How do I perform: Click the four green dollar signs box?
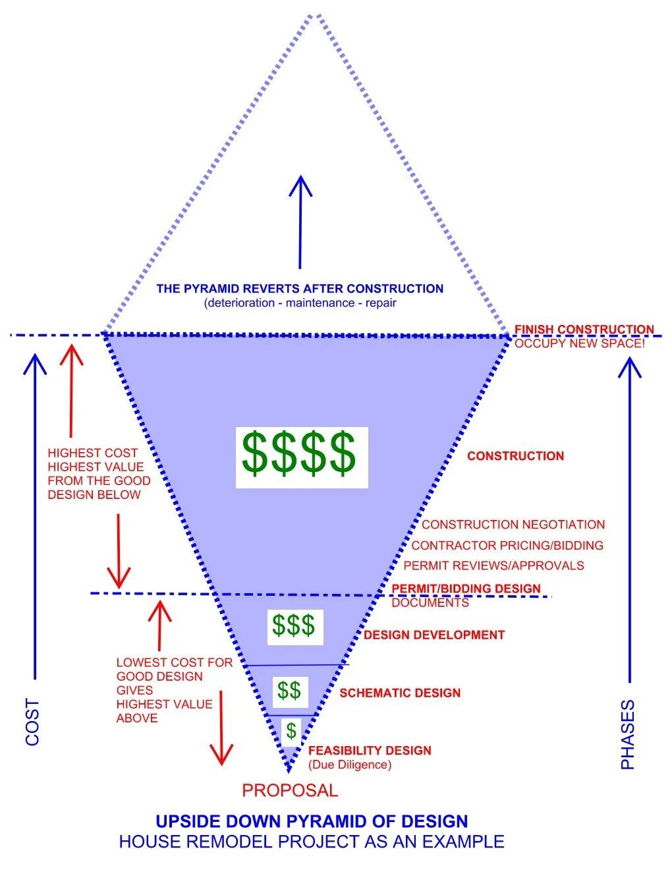pyautogui.click(x=302, y=457)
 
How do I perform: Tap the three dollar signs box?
pyautogui.click(x=295, y=627)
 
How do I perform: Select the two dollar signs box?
pyautogui.click(x=290, y=692)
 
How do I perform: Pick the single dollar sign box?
pyautogui.click(x=291, y=732)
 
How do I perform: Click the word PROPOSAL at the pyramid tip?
pyautogui.click(x=290, y=790)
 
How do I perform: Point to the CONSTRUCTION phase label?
pyautogui.click(x=515, y=455)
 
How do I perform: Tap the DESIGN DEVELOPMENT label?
pyautogui.click(x=434, y=635)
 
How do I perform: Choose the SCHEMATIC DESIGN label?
pyautogui.click(x=401, y=693)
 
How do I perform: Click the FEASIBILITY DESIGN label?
pyautogui.click(x=370, y=750)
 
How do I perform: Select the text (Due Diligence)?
pyautogui.click(x=350, y=765)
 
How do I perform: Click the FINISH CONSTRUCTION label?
pyautogui.click(x=584, y=329)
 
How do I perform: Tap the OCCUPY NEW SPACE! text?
pyautogui.click(x=580, y=343)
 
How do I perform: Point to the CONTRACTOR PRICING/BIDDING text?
pyautogui.click(x=507, y=545)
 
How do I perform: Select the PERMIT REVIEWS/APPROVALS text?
pyautogui.click(x=493, y=565)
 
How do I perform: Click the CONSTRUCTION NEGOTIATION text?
pyautogui.click(x=513, y=525)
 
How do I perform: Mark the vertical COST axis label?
pyautogui.click(x=32, y=722)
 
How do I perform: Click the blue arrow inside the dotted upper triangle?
pyautogui.click(x=300, y=222)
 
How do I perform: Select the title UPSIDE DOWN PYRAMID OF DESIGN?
pyautogui.click(x=312, y=821)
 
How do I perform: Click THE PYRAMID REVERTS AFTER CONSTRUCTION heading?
pyautogui.click(x=300, y=289)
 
